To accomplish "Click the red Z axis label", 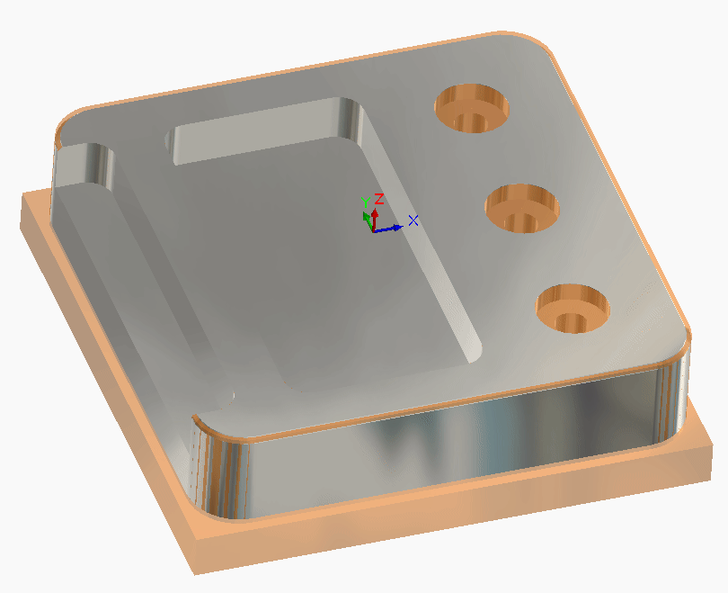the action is (x=379, y=199).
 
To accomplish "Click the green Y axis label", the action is (x=366, y=202).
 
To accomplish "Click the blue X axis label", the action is (x=413, y=220).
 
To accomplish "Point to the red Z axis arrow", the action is (x=375, y=220).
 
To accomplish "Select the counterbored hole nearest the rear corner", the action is (x=471, y=108).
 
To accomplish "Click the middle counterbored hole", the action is (x=522, y=208).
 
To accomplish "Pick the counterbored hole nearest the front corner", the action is (x=573, y=309).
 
